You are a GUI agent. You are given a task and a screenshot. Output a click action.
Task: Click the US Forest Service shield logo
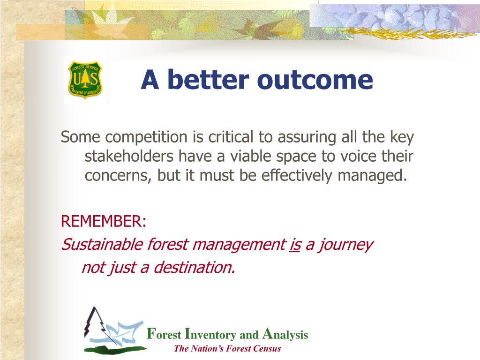click(x=85, y=80)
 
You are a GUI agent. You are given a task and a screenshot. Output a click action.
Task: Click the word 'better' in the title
click(x=208, y=80)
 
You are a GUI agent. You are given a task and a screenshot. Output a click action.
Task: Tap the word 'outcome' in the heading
click(x=315, y=80)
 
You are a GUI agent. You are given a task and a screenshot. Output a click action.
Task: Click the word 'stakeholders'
click(x=129, y=156)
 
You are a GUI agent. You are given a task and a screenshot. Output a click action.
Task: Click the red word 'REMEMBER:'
click(x=104, y=221)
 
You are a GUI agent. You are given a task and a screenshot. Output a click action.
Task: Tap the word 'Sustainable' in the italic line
click(x=102, y=244)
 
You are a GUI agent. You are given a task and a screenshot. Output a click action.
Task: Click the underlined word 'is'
click(x=295, y=245)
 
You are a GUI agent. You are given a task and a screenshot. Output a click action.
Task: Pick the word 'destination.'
click(x=194, y=267)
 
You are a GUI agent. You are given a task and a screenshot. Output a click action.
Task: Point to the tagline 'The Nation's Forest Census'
click(x=227, y=348)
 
